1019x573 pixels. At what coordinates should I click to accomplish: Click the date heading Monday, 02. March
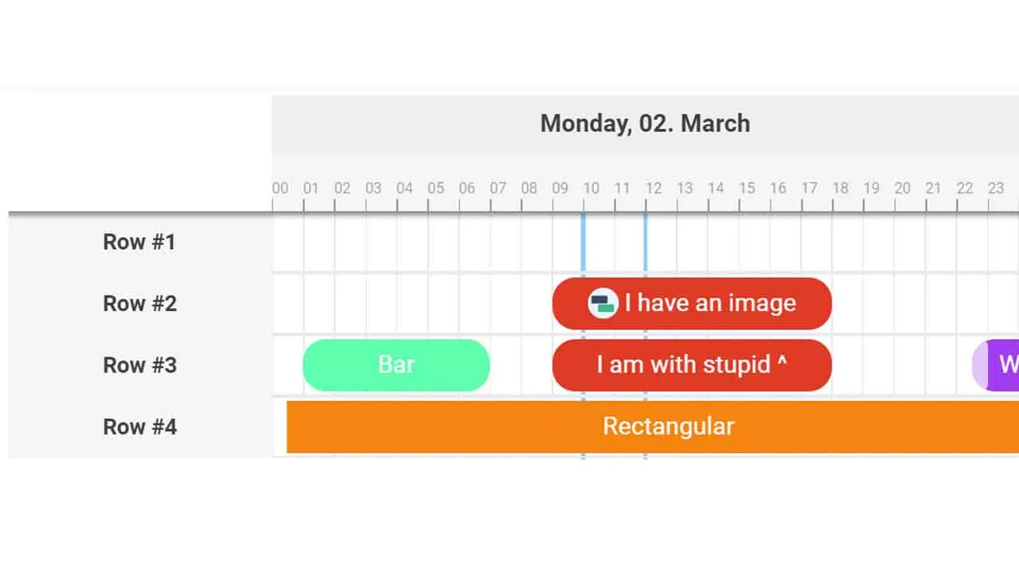click(645, 123)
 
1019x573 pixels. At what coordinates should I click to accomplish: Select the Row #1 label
click(139, 242)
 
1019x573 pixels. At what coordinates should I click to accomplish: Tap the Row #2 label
click(139, 303)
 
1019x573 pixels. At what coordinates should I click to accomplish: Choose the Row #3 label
click(139, 365)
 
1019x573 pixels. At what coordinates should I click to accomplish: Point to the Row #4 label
click(139, 427)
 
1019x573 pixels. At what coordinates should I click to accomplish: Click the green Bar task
click(396, 365)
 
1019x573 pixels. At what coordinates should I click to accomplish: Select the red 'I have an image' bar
click(692, 303)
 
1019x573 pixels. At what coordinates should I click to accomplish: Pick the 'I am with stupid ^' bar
click(692, 365)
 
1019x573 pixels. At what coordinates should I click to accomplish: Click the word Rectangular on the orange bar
click(669, 427)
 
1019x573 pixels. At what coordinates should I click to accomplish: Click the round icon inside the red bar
click(603, 303)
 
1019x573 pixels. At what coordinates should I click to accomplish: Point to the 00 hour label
click(280, 189)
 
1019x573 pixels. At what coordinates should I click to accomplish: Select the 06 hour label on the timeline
click(467, 189)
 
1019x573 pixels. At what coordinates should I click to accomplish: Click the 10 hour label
click(591, 189)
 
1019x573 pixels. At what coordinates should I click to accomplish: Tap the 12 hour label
click(654, 189)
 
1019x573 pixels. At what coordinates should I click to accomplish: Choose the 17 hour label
click(810, 189)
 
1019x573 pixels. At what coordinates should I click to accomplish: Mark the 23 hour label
click(996, 189)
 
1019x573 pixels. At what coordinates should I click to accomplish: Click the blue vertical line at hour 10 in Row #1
click(584, 242)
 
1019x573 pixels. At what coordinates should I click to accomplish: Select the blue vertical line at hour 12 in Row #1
click(646, 242)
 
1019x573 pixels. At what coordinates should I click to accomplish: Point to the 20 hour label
click(903, 189)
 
